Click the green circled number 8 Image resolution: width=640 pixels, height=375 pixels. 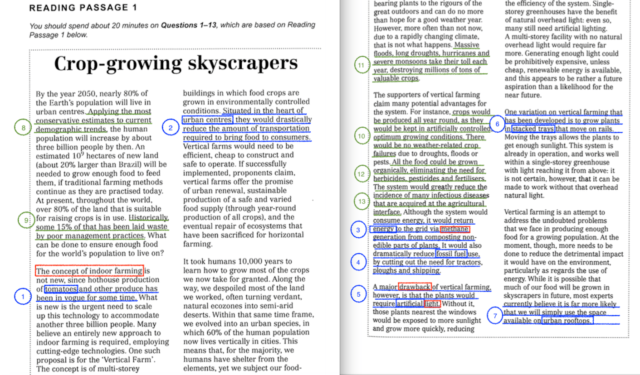pos(23,128)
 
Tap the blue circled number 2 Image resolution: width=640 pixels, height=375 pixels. pos(170,128)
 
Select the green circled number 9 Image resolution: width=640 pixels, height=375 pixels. pos(26,220)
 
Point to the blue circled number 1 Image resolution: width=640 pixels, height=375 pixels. pos(21,297)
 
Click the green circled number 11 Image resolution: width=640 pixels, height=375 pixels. pos(361,66)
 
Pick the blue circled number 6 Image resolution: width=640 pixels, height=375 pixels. pos(497,124)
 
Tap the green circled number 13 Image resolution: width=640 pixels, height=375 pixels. pos(362,202)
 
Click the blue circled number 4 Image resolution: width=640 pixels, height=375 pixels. pos(358,262)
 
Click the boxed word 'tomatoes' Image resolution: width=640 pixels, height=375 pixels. pos(62,289)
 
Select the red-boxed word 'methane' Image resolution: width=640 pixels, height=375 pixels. pos(454,229)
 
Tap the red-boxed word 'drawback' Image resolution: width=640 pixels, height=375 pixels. pos(415,287)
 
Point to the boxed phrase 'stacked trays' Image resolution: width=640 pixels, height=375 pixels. pos(533,129)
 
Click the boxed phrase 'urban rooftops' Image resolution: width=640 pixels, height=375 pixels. pos(567,321)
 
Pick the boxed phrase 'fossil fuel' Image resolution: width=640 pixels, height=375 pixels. pos(451,254)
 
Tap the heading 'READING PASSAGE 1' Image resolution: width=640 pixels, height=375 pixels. pos(83,8)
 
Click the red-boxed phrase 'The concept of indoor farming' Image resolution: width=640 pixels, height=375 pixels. pos(89,271)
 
